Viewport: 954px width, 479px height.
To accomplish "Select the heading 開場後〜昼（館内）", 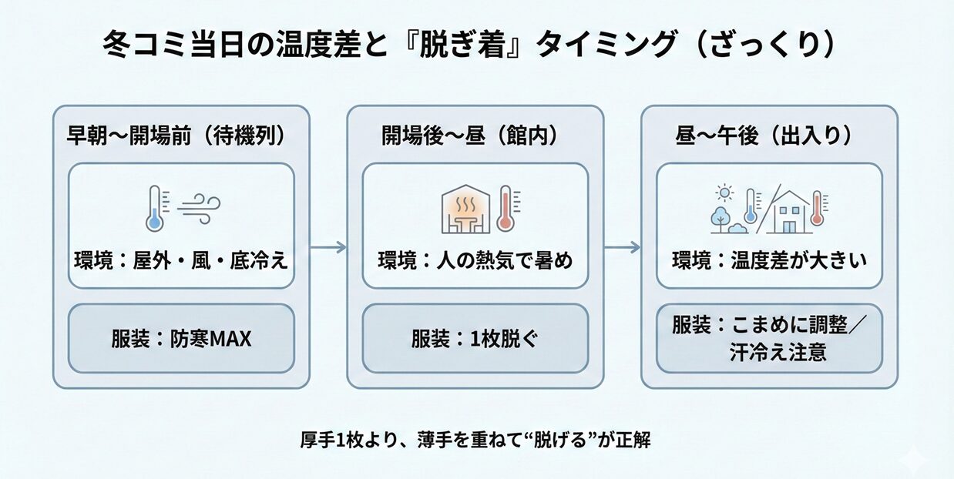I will click(470, 136).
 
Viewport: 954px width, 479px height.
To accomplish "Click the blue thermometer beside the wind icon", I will click(155, 208).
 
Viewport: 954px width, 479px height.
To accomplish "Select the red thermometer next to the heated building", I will click(506, 208).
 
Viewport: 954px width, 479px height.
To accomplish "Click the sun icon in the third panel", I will click(724, 193).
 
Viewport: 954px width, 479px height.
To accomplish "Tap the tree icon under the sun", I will click(721, 217).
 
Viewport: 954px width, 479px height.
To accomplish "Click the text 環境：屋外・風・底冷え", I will click(181, 260).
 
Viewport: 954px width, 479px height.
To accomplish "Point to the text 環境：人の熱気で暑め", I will click(475, 260).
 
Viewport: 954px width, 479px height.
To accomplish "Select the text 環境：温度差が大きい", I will click(769, 260).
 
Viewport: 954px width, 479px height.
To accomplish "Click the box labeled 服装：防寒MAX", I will click(181, 338).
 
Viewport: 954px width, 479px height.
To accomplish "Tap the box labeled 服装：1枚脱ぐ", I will click(475, 338).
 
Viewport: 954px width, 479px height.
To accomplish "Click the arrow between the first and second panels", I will click(328, 247).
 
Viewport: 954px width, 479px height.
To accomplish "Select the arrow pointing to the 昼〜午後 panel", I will click(622, 247).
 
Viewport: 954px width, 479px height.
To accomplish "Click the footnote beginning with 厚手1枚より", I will click(477, 441).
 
